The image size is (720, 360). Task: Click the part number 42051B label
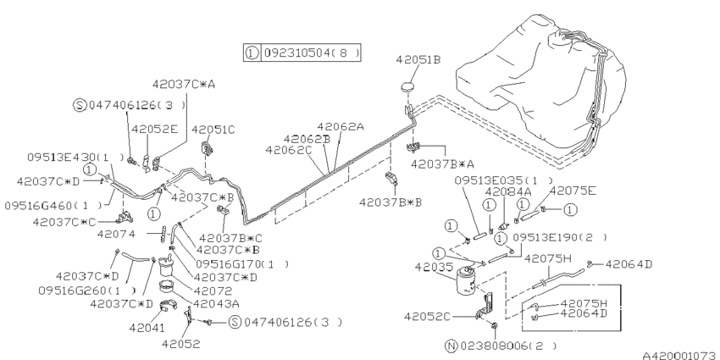click(x=418, y=60)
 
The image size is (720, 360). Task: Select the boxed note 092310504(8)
click(x=302, y=53)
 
